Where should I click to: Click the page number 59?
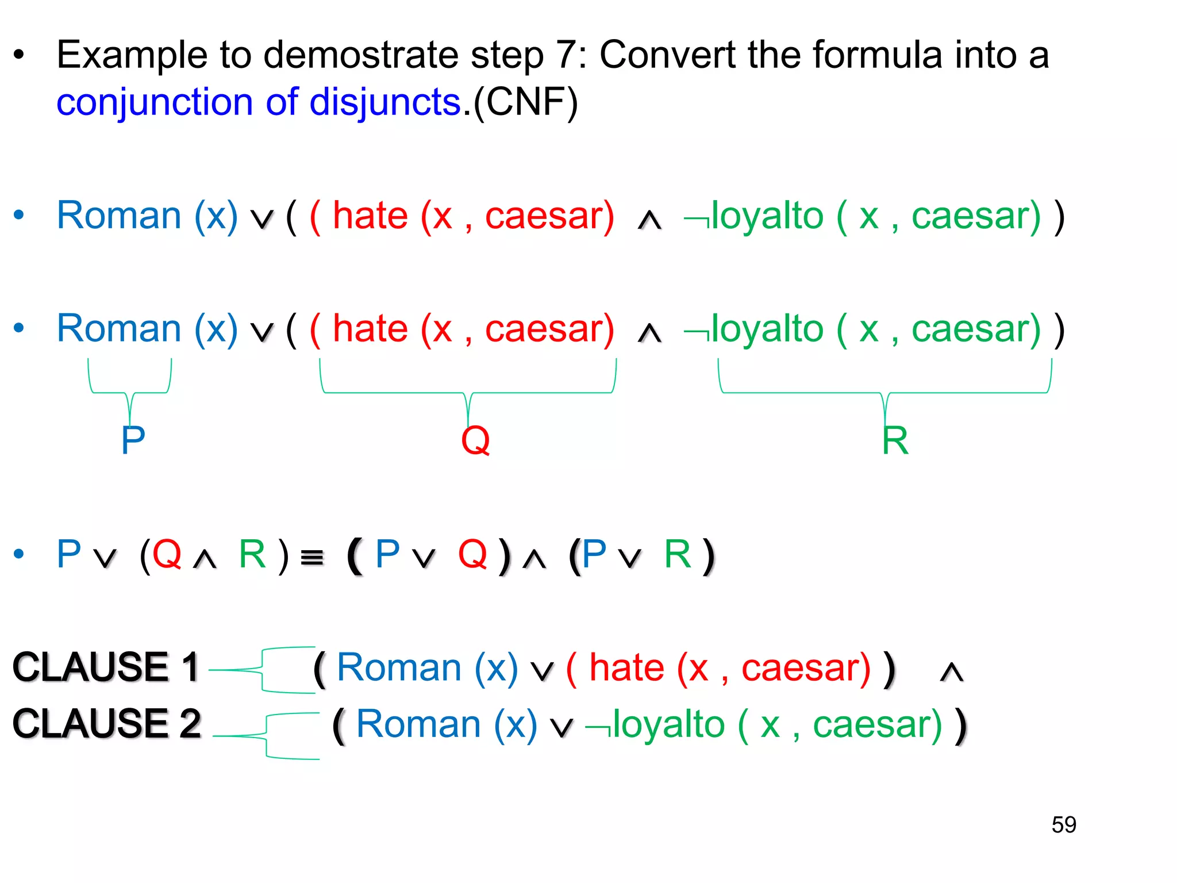1064,825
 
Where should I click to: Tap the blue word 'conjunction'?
154,102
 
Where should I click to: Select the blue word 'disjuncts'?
385,102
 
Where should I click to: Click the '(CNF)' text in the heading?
525,102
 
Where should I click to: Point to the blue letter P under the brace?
133,440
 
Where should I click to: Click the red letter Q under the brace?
475,440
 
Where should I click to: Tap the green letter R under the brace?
895,440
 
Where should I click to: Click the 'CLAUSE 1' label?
106,667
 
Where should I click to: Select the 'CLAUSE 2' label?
107,724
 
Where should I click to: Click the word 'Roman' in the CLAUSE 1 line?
399,668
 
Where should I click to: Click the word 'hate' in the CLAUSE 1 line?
628,668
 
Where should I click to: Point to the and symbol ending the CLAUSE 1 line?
951,671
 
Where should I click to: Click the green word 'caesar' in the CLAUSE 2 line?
877,724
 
